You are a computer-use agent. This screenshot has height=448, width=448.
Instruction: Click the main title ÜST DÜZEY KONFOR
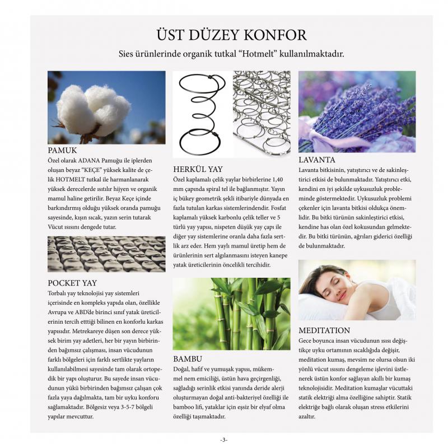[x=231, y=35]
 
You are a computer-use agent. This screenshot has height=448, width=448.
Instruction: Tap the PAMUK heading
[x=62, y=151]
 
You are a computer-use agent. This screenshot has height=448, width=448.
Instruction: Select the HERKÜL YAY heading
[x=198, y=169]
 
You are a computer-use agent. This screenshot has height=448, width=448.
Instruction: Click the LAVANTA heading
[x=317, y=160]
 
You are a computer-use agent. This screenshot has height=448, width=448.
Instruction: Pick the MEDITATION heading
[x=324, y=330]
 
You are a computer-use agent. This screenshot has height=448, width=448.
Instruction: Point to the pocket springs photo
[x=106, y=254]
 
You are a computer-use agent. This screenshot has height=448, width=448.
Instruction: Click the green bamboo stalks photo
[x=231, y=314]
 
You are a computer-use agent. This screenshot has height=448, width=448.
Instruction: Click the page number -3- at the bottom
[x=224, y=440]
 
